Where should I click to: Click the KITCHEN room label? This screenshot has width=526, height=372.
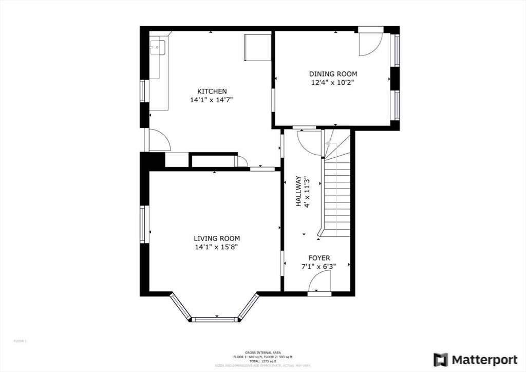pyautogui.click(x=212, y=91)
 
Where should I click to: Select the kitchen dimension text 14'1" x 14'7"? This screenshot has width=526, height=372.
pyautogui.click(x=212, y=100)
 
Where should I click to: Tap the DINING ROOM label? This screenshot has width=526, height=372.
pyautogui.click(x=333, y=74)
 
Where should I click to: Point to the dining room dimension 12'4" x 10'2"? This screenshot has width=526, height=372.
pyautogui.click(x=333, y=82)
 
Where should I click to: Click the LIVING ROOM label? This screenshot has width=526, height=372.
pyautogui.click(x=217, y=238)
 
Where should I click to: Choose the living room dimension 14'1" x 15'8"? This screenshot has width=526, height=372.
pyautogui.click(x=217, y=247)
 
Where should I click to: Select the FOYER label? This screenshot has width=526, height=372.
pyautogui.click(x=319, y=258)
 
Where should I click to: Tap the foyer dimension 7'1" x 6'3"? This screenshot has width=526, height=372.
pyautogui.click(x=319, y=267)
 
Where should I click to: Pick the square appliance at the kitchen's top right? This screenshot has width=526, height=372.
pyautogui.click(x=257, y=47)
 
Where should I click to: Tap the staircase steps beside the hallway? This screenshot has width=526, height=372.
pyautogui.click(x=336, y=195)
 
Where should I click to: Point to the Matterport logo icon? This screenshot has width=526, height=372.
pyautogui.click(x=440, y=360)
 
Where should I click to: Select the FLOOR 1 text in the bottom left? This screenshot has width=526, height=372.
pyautogui.click(x=20, y=341)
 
